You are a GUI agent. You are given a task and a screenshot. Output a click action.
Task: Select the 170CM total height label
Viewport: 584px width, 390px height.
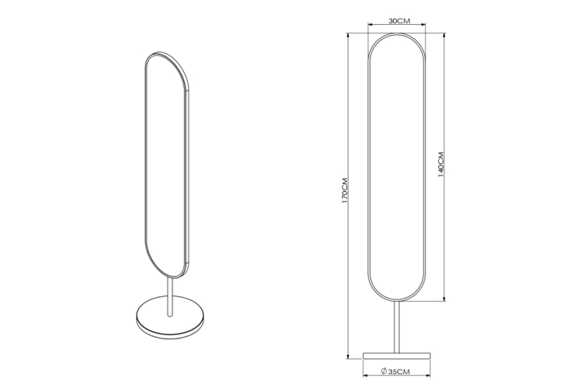pos(345,190)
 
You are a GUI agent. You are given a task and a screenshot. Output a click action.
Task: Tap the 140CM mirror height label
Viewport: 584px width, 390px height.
pos(441,165)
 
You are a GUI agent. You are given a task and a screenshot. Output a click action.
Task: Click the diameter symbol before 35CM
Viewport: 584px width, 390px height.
pos(384,371)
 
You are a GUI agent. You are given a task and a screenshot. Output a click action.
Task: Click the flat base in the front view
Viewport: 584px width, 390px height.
pos(397,356)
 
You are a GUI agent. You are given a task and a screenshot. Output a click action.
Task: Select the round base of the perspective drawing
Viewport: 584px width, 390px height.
pos(171,317)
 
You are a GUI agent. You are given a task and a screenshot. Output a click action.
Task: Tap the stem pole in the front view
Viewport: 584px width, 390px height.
pos(397,327)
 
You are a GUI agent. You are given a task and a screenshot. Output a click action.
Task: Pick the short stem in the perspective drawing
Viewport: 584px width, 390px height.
pos(170,297)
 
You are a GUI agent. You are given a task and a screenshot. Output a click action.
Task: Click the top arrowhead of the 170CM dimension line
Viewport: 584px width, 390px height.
pos(348,35)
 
